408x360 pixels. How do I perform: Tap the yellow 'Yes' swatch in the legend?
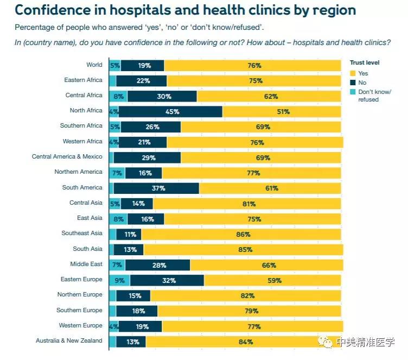tap(354, 73)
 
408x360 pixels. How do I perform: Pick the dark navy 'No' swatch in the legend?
tap(354, 83)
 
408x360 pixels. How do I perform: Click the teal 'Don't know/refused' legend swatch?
tap(354, 92)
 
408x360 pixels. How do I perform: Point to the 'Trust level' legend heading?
tap(365, 63)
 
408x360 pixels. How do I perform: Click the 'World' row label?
tap(94, 65)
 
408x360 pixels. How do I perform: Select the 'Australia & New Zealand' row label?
tap(69, 341)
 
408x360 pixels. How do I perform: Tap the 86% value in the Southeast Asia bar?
tap(243, 235)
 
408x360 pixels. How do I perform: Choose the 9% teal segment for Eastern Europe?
tap(119, 281)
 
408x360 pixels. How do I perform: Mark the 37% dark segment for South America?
tap(156, 188)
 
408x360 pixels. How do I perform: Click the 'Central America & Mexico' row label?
tap(67, 157)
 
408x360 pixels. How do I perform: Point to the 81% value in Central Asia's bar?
tap(247, 204)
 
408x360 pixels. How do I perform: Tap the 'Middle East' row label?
tap(86, 264)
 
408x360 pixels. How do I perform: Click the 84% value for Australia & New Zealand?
tap(245, 342)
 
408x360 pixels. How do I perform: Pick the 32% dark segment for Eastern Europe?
tap(167, 281)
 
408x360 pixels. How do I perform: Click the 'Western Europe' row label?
tap(81, 326)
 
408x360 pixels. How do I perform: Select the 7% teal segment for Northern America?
tap(117, 173)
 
